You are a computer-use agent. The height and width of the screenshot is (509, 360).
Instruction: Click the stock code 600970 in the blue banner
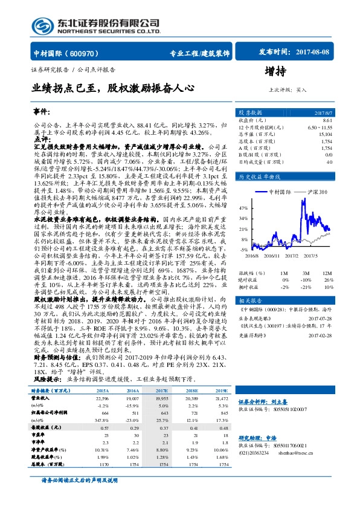pos(76,53)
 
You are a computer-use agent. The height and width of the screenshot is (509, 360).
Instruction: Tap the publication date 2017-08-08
pos(315,53)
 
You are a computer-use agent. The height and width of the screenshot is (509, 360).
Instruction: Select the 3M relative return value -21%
pos(306,287)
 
